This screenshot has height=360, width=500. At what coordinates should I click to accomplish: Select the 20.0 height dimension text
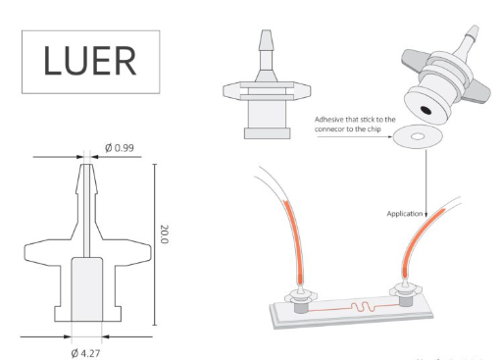tap(164, 235)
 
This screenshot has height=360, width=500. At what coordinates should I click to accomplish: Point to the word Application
tap(405, 213)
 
